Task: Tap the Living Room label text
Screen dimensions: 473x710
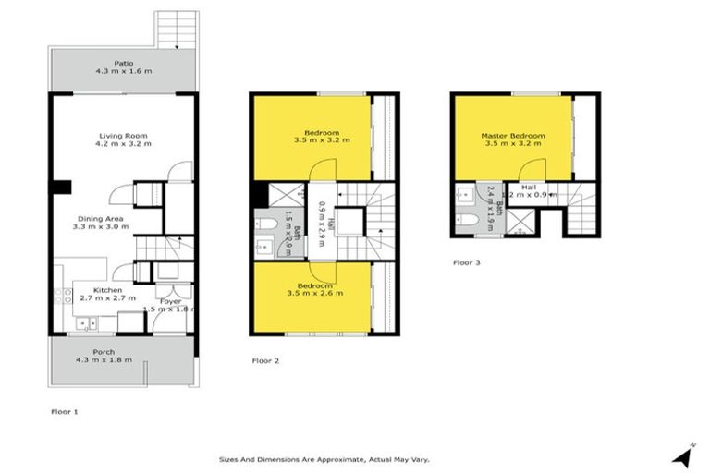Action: click(x=124, y=136)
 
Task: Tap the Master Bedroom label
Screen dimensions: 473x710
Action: click(x=512, y=136)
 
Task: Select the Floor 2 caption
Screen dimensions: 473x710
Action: click(x=265, y=359)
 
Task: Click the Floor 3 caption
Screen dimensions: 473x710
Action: click(x=467, y=262)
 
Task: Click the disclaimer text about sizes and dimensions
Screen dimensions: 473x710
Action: click(x=324, y=458)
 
